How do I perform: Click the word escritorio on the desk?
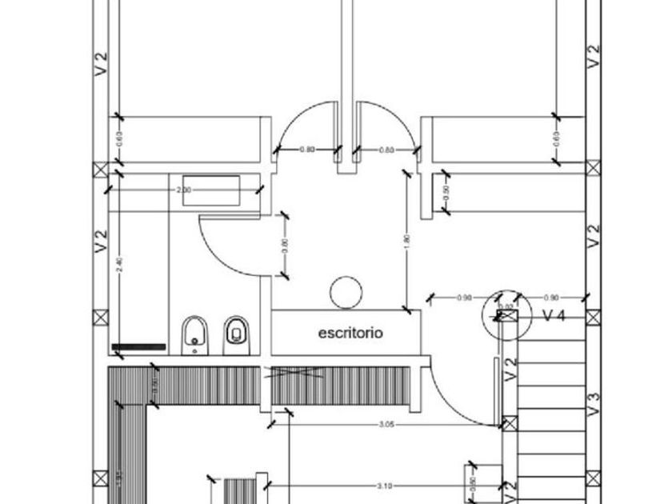pyautogui.click(x=350, y=332)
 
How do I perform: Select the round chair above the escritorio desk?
pyautogui.click(x=346, y=291)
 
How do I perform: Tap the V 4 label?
pyautogui.click(x=554, y=316)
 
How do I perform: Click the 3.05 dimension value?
pyautogui.click(x=385, y=425)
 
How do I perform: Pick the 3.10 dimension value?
pyautogui.click(x=385, y=486)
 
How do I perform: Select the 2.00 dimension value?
pyautogui.click(x=183, y=190)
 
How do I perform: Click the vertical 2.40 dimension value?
pyautogui.click(x=119, y=266)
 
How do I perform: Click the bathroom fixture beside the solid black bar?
pyautogui.click(x=194, y=335)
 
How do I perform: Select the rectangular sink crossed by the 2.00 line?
pyautogui.click(x=211, y=191)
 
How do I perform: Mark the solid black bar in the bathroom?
pyautogui.click(x=138, y=347)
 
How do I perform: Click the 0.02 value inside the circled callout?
pyautogui.click(x=506, y=306)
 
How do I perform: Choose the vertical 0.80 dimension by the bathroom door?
pyautogui.click(x=285, y=246)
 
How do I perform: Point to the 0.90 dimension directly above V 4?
pyautogui.click(x=551, y=298)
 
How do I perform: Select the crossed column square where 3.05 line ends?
pyautogui.click(x=507, y=422)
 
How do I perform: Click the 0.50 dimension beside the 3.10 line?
pyautogui.click(x=471, y=482)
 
